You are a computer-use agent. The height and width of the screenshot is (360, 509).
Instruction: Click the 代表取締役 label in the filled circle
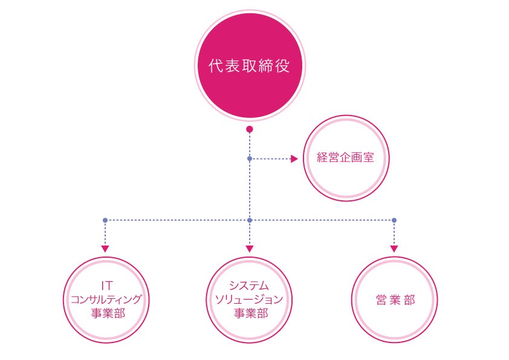click(x=249, y=66)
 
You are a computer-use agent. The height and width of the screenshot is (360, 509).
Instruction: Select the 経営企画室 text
click(x=345, y=157)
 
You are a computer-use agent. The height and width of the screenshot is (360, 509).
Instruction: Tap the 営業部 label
click(x=395, y=300)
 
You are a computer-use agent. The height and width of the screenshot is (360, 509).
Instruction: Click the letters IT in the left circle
click(x=107, y=286)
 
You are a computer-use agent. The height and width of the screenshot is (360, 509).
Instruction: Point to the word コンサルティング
click(x=106, y=299)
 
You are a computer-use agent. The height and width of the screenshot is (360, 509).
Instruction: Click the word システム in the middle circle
click(x=249, y=286)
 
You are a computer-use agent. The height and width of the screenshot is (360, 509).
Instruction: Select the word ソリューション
click(x=249, y=299)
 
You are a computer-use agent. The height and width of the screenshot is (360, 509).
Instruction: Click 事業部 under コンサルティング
click(x=108, y=313)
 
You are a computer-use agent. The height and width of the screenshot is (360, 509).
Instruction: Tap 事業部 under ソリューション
click(x=251, y=313)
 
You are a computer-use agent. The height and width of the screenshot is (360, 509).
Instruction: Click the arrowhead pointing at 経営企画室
click(x=294, y=159)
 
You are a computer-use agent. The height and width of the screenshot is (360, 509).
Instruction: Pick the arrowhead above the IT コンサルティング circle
click(x=105, y=249)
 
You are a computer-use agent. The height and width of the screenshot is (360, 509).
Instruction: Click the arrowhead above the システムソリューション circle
click(x=249, y=249)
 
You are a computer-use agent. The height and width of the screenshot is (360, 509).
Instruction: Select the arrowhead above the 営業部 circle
click(x=394, y=249)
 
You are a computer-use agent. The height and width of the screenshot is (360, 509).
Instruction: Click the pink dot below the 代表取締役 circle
click(x=249, y=129)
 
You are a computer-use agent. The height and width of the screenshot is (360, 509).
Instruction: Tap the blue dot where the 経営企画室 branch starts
click(x=249, y=159)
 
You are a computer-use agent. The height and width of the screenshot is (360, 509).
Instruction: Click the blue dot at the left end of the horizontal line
click(x=105, y=220)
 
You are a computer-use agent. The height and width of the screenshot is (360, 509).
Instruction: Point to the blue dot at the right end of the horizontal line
click(x=394, y=220)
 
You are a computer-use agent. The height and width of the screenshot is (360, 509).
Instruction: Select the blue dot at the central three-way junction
click(x=249, y=220)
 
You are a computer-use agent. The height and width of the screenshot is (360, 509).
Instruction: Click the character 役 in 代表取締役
click(x=282, y=66)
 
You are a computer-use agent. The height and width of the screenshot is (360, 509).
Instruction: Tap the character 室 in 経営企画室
click(x=369, y=157)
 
